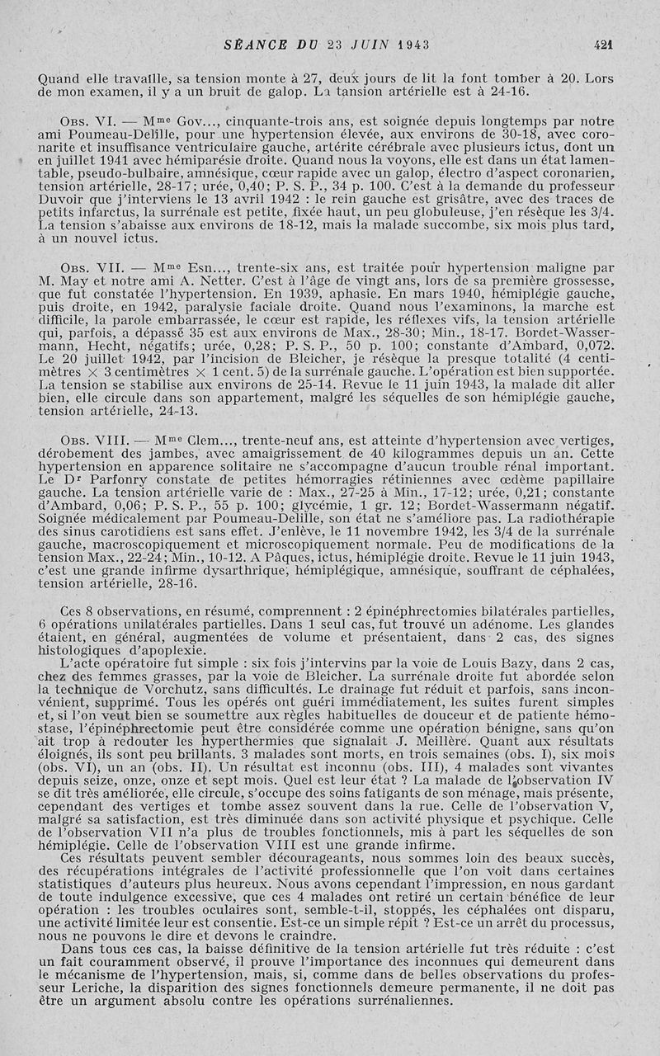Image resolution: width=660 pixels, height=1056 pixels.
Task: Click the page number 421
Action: pos(613,45)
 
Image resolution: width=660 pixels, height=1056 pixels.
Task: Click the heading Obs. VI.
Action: pos(85,120)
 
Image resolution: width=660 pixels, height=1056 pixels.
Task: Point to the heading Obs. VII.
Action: pos(88,267)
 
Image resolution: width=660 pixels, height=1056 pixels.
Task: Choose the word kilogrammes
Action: pos(418,454)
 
